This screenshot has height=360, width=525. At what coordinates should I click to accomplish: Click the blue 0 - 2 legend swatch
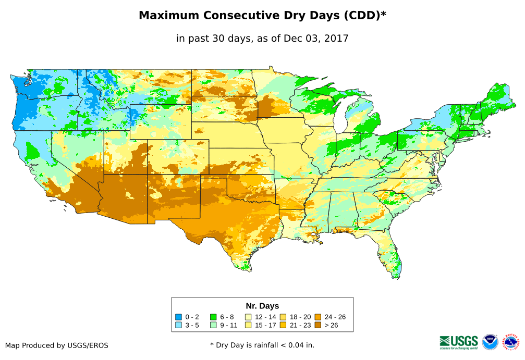coord(178,317)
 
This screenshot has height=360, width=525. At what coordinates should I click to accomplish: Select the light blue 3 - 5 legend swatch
coord(178,326)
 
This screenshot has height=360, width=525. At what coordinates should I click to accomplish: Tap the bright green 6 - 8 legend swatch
coord(213,317)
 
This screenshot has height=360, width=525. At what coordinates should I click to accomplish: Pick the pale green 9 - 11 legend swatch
coord(213,326)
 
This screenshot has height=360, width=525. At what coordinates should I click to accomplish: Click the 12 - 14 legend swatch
coord(248,317)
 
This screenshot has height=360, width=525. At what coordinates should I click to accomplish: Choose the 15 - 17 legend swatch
coord(248,326)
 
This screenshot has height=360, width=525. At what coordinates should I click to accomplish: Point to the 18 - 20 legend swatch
coord(283,317)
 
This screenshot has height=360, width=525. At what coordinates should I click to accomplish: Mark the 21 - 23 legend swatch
coord(283,326)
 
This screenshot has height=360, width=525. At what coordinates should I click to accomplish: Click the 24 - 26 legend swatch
coord(318,317)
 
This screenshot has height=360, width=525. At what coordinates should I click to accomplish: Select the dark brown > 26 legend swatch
coord(318,326)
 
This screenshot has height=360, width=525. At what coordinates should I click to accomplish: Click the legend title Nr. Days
coord(262,306)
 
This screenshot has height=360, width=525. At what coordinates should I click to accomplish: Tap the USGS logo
coord(459,342)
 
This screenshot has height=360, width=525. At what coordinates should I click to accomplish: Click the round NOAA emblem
coord(490,342)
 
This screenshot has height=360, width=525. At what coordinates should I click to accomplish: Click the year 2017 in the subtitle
coord(337,38)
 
